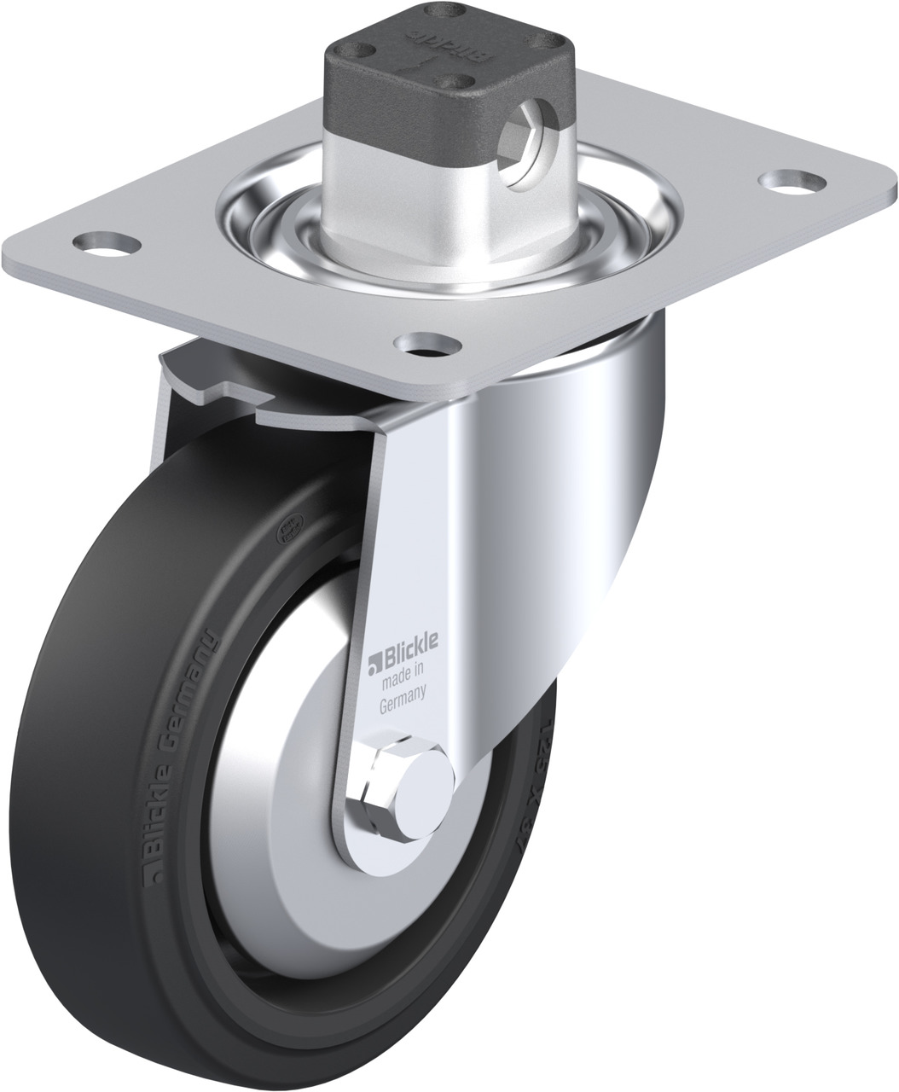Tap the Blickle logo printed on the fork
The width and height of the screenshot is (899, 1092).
[405, 659]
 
